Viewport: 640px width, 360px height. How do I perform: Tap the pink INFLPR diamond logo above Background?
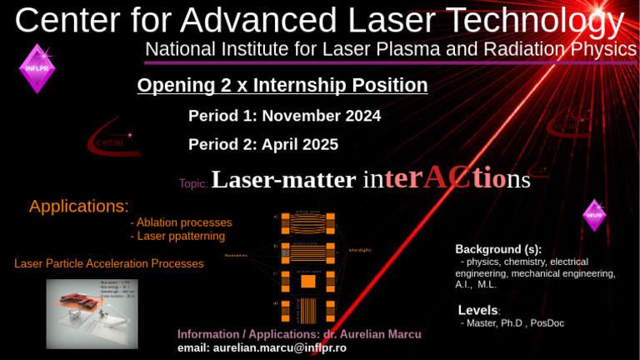coord(593,215)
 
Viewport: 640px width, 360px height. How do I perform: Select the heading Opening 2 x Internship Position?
coord(282,85)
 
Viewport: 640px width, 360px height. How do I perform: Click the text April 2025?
coord(299,144)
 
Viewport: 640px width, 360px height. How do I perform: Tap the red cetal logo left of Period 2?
coord(110,142)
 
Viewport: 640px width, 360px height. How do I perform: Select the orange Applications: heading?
coord(79,206)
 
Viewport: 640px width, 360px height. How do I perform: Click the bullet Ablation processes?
coord(182,222)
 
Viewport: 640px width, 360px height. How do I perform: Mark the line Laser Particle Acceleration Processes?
coord(109,263)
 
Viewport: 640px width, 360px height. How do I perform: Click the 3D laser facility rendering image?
coord(92,312)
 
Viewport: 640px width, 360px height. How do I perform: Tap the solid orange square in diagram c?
coord(307,282)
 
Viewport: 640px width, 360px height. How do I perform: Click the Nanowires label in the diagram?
coord(236,255)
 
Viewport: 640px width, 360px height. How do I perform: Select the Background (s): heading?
coord(497,249)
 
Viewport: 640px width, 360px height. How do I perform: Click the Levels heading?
coord(478,311)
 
